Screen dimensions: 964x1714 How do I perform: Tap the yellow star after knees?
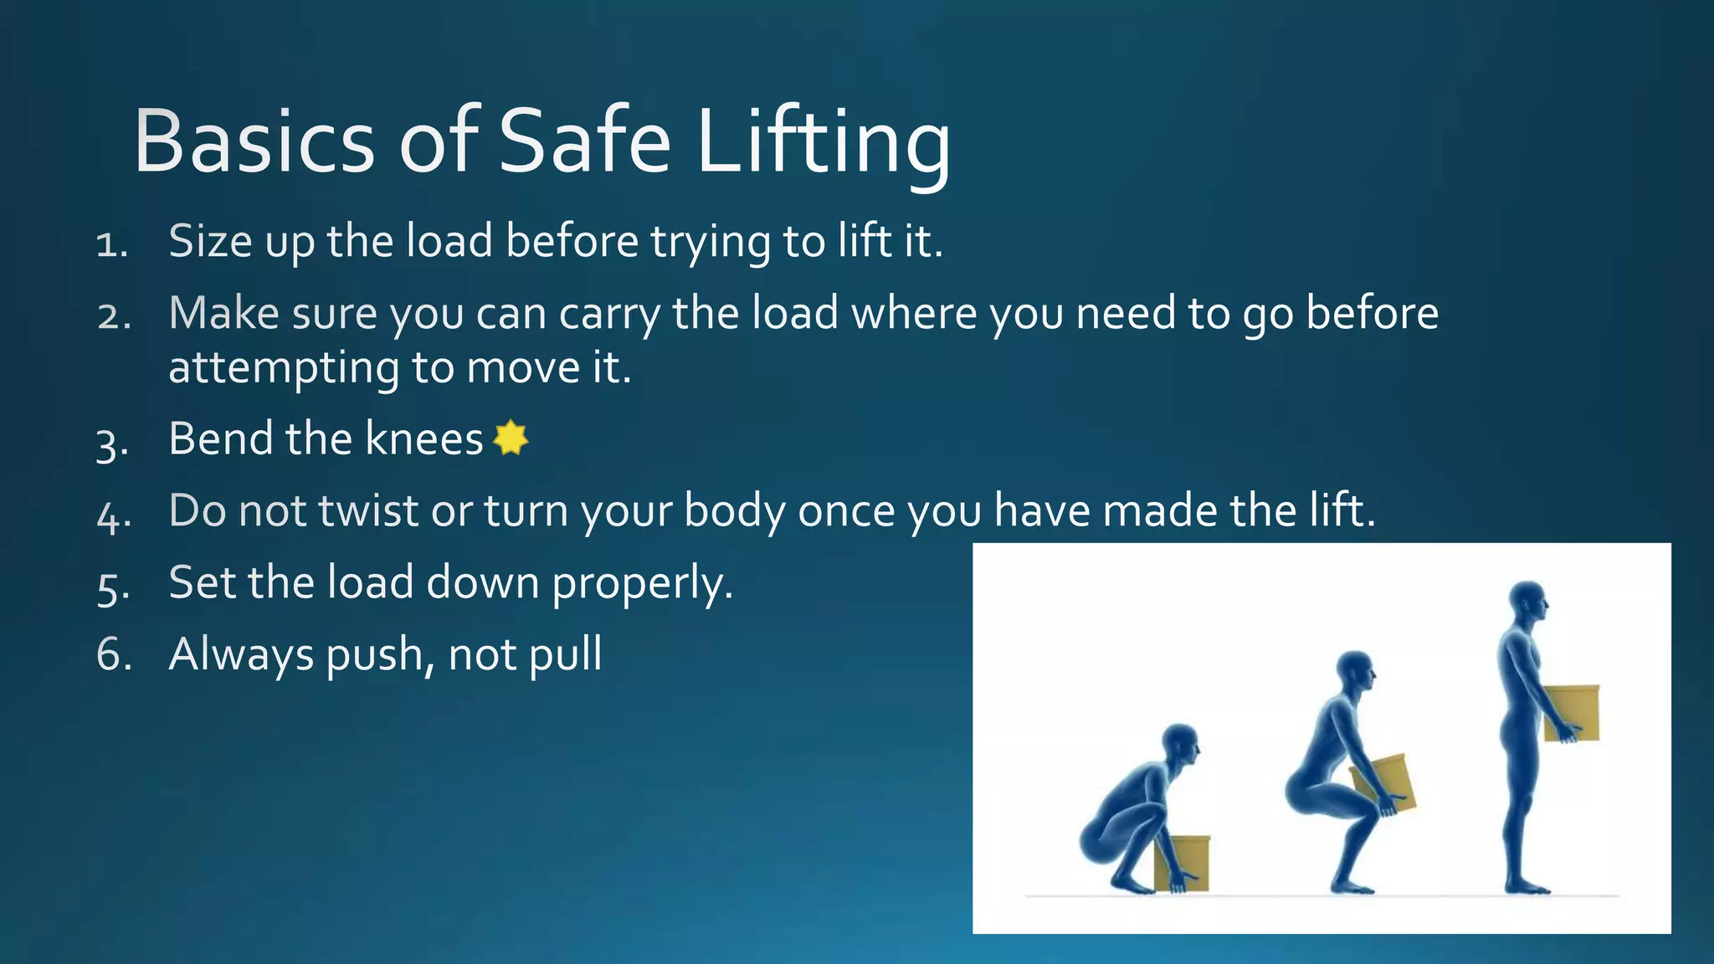point(511,438)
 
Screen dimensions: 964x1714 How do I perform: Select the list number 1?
point(110,244)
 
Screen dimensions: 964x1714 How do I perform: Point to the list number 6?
point(114,654)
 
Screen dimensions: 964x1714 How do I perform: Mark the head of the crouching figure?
point(1180,743)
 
